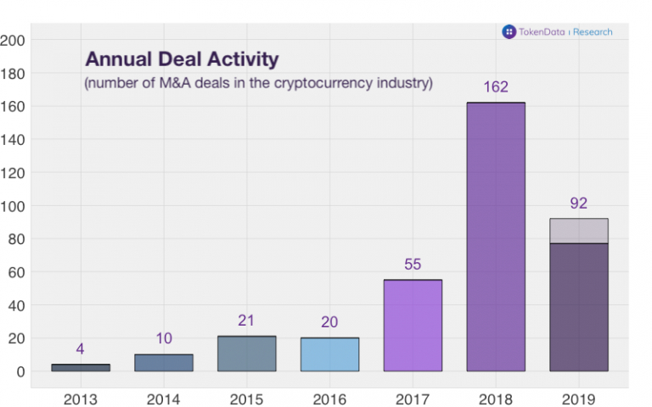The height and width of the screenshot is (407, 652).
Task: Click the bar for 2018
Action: point(496,237)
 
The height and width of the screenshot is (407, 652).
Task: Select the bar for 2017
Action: point(413,326)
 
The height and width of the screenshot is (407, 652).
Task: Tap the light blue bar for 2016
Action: point(329,354)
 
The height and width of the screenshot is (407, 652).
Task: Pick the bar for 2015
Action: point(246,354)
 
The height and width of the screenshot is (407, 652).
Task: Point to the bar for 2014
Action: point(164,363)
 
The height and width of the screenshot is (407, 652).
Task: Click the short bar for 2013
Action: point(81,367)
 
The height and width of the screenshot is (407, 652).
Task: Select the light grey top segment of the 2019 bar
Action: point(579,231)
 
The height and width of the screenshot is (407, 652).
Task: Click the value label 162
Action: point(496,87)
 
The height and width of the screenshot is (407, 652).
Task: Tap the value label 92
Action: point(579,203)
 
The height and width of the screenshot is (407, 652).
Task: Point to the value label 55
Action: point(413,265)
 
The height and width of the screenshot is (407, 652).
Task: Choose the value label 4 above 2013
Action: point(81,348)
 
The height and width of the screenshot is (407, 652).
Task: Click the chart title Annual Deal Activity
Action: point(182,60)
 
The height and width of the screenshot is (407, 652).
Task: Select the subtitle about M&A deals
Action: point(258,83)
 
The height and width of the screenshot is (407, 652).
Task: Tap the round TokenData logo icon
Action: point(509,32)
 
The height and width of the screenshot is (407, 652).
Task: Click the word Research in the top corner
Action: point(593,32)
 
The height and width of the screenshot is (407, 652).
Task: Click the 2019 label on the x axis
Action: point(579,399)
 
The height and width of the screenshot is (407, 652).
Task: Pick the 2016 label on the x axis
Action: point(329,399)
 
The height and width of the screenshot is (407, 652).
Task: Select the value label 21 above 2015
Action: point(246,321)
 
